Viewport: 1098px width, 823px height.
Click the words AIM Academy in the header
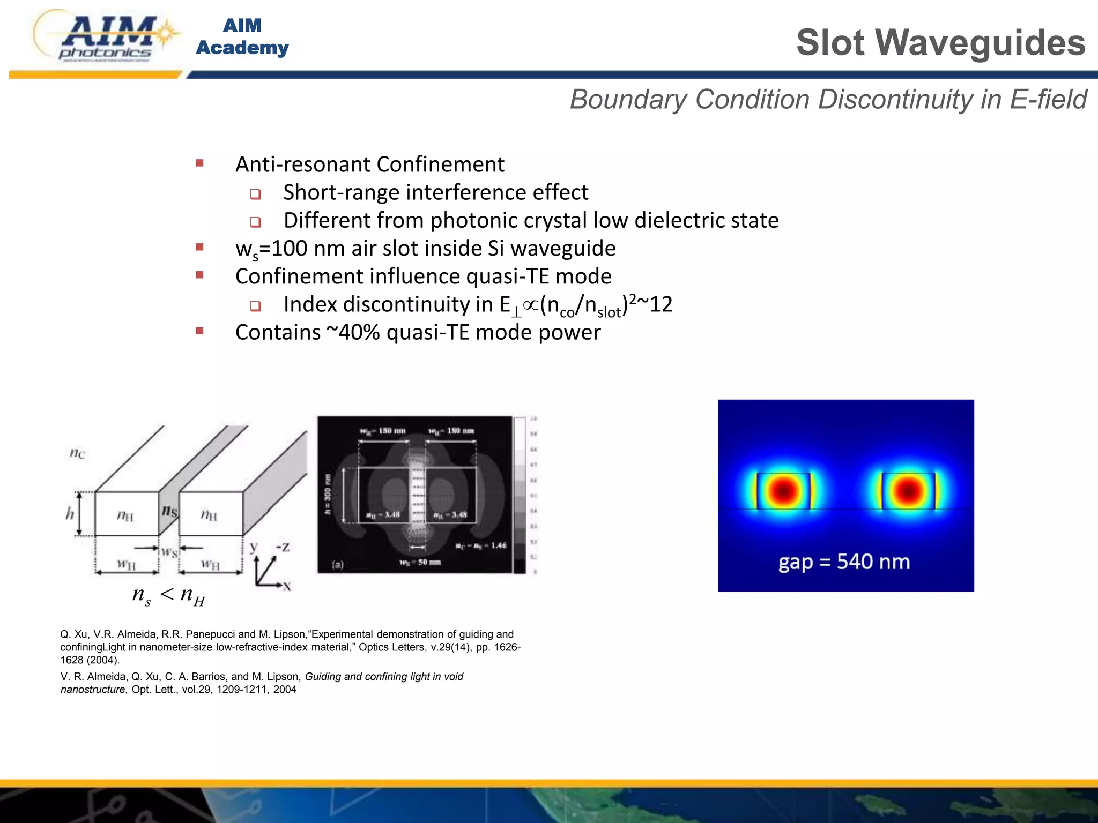click(x=242, y=36)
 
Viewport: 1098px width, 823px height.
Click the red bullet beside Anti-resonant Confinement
click(x=200, y=163)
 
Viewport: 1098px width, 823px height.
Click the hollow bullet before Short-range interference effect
click(x=255, y=194)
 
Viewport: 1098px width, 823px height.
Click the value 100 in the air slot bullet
click(x=290, y=249)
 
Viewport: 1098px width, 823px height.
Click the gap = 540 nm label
click(x=844, y=562)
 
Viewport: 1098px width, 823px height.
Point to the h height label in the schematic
click(x=70, y=514)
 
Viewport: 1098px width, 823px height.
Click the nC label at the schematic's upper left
click(x=77, y=454)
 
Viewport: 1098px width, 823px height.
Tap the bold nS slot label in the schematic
click(x=169, y=511)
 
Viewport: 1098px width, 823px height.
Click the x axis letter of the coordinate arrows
click(x=288, y=587)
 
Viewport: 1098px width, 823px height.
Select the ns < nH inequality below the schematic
click(x=168, y=595)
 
